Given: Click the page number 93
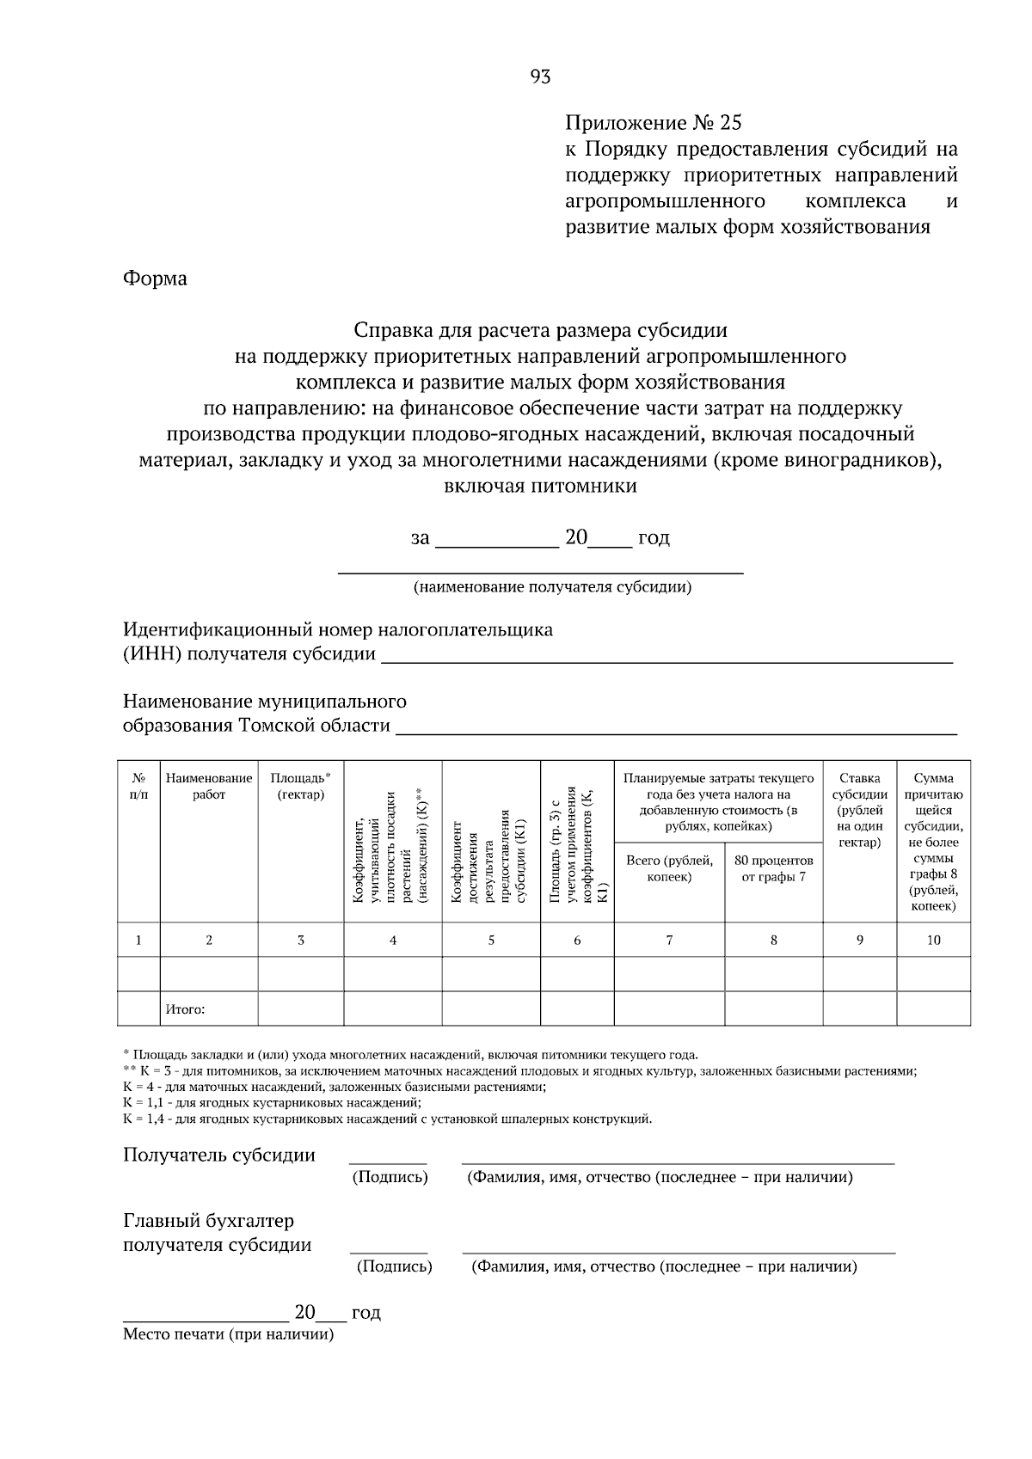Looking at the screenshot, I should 540,77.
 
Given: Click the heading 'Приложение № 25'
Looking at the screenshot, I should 653,123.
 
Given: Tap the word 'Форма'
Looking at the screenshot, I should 155,279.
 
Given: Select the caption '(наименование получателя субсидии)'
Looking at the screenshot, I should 552,587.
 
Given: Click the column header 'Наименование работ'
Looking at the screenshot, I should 209,787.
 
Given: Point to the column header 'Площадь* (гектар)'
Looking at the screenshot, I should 301,787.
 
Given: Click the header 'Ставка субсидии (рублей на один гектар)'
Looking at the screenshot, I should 860,810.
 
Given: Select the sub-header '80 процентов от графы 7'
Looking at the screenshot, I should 773,868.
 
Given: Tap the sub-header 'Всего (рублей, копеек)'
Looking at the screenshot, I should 669,868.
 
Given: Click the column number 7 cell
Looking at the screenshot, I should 669,940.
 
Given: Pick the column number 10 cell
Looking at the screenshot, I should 933,940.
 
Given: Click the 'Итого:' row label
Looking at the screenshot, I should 186,1009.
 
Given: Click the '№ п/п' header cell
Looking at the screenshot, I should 138,787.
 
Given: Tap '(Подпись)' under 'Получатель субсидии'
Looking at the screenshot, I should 390,1177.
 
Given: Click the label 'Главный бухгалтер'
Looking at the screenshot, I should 208,1221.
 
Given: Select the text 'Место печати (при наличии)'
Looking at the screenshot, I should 228,1334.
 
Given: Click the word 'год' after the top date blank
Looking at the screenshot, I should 654,538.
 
